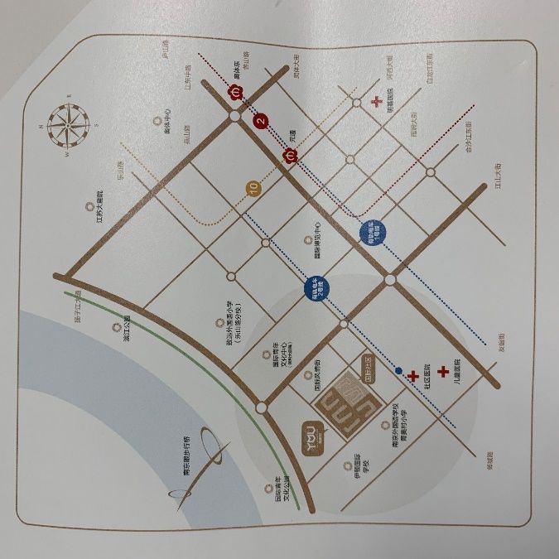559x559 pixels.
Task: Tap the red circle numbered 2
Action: [262, 123]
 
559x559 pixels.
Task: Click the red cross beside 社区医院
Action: [412, 376]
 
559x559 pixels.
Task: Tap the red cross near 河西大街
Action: [377, 103]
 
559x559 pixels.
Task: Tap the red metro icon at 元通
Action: [291, 154]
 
